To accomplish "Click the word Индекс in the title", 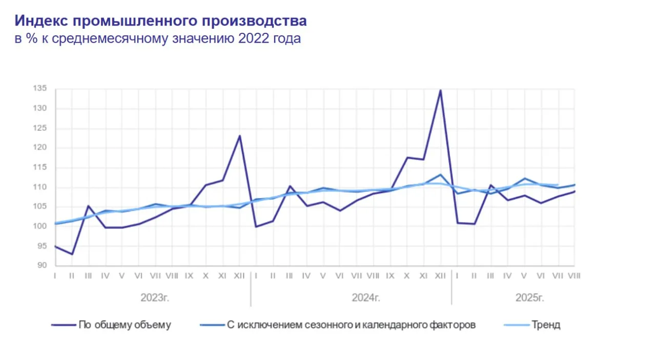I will pos(41,21).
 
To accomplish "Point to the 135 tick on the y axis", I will pos(41,89).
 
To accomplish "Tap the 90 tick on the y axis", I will pos(42,265).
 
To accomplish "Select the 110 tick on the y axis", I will pos(41,187).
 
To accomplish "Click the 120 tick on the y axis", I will pos(41,148).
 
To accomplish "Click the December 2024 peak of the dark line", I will pos(440,90).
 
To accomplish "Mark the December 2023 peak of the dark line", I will pos(239,136).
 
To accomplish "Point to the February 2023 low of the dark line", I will pos(72,254).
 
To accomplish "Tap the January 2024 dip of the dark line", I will pos(256,227).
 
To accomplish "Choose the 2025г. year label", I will pos(529,298).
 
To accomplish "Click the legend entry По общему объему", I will pos(125,325).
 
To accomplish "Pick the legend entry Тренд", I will pos(546,325).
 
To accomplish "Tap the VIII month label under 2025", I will pos(574,276).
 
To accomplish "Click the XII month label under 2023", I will pos(239,276).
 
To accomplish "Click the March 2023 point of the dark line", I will pos(89,206).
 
